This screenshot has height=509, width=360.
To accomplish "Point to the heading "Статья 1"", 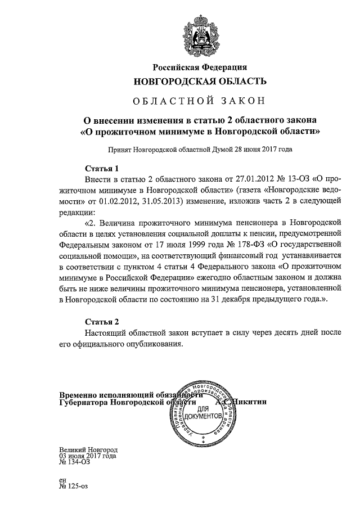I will pyautogui.click(x=102, y=168).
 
